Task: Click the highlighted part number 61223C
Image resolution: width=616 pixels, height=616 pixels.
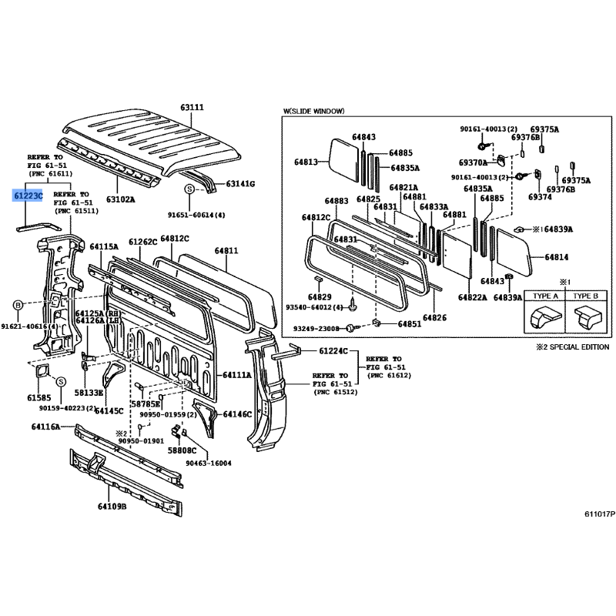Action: click(x=28, y=196)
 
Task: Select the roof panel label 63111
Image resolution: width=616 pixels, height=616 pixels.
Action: click(x=192, y=107)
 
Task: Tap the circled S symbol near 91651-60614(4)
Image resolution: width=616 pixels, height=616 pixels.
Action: click(x=189, y=189)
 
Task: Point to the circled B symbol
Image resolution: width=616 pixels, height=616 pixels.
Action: click(x=18, y=305)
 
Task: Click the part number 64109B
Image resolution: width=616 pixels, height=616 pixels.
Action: click(x=112, y=507)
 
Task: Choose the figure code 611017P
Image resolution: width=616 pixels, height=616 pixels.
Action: click(x=600, y=514)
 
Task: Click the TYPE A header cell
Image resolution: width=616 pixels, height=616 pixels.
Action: click(x=545, y=296)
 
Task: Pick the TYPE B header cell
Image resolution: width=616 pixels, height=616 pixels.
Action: click(x=585, y=296)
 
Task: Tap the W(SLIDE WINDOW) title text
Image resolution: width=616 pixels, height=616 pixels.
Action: click(x=313, y=111)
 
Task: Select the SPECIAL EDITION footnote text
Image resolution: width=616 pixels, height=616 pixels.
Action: click(x=579, y=347)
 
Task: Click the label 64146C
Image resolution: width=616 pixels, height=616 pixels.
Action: click(x=237, y=414)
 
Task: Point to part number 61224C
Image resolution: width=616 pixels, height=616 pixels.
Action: click(x=333, y=351)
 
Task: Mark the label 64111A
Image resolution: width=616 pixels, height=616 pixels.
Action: click(x=237, y=375)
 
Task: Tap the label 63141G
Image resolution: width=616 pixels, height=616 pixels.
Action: click(x=240, y=183)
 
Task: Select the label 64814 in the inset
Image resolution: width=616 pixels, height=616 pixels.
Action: click(x=556, y=257)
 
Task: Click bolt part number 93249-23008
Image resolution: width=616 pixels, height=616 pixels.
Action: click(x=316, y=329)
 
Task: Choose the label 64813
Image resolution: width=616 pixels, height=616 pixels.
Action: click(x=306, y=162)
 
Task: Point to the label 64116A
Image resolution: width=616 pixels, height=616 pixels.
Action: click(x=46, y=427)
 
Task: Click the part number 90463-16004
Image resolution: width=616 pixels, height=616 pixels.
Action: click(x=209, y=464)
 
